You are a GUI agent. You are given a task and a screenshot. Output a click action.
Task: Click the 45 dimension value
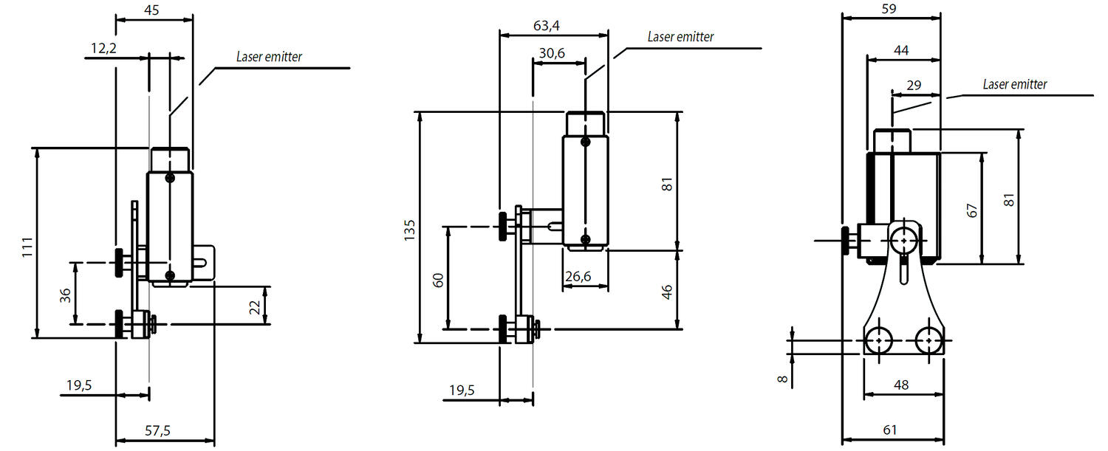coord(151,10)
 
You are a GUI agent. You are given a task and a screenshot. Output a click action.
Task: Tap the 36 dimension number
coord(65,295)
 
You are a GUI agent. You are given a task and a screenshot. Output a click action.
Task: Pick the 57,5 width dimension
coord(157,431)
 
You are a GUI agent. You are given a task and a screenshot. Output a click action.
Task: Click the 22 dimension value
coord(256,305)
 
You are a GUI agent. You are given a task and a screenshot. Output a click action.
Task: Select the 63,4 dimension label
coord(546,26)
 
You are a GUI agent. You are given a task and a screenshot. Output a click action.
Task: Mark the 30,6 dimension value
coord(552,53)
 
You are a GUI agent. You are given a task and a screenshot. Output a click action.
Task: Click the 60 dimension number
coord(438,280)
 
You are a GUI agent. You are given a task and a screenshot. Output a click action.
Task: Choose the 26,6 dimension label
coord(578,276)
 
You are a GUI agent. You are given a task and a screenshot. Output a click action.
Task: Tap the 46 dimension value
coord(667,290)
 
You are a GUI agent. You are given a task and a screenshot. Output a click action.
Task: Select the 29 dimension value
coord(913,86)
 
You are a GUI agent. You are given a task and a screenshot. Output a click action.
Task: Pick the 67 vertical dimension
coord(972,210)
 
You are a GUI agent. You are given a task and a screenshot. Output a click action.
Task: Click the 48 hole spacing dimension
coord(900,385)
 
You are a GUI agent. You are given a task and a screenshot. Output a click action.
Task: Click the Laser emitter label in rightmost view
coord(1014,85)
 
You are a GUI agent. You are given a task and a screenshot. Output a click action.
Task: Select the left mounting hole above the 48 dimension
coord(878,340)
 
